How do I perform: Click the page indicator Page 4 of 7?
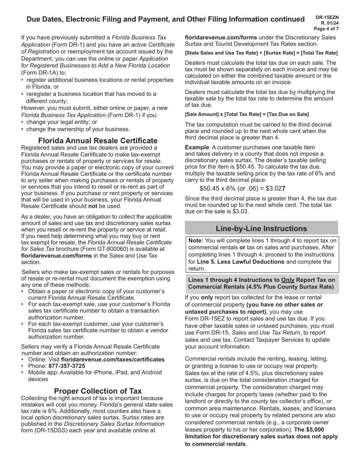tap(326, 29)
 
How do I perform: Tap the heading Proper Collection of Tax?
tap(98, 391)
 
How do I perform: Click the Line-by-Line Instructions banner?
tap(261, 228)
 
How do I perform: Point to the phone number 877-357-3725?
tap(67, 366)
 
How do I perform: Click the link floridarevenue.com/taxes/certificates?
tap(113, 360)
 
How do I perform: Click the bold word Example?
tap(197, 147)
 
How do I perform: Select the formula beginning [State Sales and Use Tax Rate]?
tap(261, 53)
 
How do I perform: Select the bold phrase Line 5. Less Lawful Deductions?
tap(241, 262)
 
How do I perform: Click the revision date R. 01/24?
tap(328, 23)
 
